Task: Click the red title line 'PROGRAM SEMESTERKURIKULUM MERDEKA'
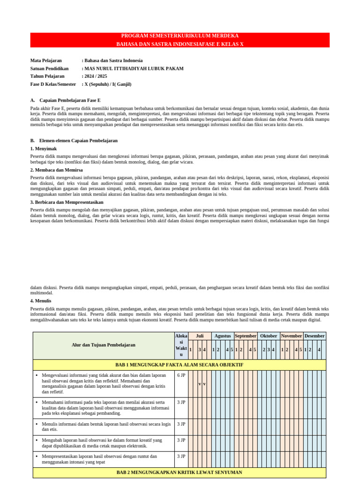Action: (x=180, y=36)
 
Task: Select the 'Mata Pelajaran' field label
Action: (x=46, y=60)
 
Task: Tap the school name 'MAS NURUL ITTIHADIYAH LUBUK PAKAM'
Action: (x=134, y=68)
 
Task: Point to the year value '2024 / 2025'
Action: (x=96, y=76)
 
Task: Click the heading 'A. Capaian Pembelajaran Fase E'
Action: (x=66, y=100)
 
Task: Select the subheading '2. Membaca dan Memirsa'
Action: (x=56, y=170)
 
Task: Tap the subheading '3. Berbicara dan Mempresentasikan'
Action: (x=67, y=202)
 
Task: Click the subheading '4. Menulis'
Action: (x=41, y=300)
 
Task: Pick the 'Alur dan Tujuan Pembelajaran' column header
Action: (x=104, y=345)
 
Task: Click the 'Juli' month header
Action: (x=200, y=336)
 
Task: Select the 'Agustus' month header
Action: (x=222, y=336)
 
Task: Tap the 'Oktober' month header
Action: (x=269, y=336)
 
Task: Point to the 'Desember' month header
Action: (x=315, y=336)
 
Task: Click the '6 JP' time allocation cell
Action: (x=181, y=375)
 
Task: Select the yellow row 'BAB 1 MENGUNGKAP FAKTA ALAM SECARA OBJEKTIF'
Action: (x=180, y=365)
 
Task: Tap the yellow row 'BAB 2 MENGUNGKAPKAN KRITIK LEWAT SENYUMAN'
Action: (x=180, y=472)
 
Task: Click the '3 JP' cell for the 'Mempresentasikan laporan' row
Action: (x=181, y=456)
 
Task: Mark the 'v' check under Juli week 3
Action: (x=200, y=384)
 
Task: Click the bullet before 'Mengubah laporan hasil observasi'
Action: (x=37, y=441)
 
